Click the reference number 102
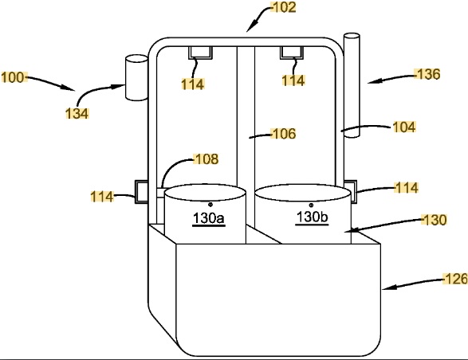285,7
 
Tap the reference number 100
13,77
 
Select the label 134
77,114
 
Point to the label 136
429,74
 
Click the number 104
404,127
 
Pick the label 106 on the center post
285,134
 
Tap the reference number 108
206,159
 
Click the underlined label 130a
209,218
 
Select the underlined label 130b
312,217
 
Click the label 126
456,280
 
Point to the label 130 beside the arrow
435,220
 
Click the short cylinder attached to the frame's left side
136,77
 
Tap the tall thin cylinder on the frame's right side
352,85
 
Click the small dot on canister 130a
210,205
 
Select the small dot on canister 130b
311,205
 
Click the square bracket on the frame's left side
141,192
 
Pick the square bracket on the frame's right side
351,191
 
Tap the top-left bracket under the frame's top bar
200,53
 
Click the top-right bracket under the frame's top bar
292,53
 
